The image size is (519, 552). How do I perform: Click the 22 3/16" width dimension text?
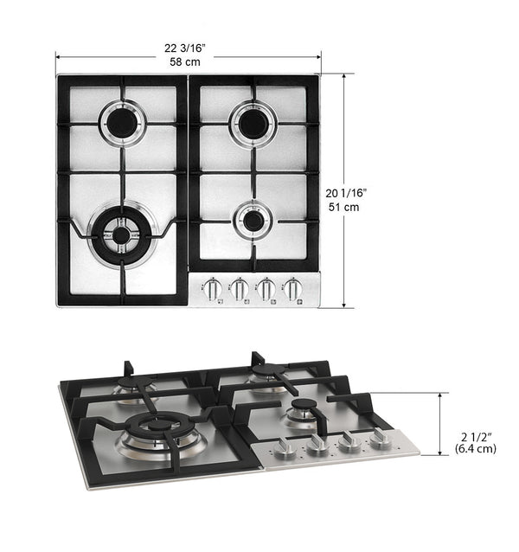[185, 48]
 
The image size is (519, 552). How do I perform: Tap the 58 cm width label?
[185, 62]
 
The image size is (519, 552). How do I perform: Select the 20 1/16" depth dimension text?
[346, 193]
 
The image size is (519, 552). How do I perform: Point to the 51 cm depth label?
[343, 207]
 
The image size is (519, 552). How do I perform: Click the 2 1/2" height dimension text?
[476, 437]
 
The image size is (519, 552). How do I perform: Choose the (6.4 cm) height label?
[476, 449]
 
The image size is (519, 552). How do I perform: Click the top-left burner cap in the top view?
[121, 123]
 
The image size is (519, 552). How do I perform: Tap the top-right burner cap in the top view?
[253, 124]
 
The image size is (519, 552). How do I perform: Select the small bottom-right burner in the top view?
[253, 221]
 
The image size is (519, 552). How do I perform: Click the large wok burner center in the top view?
[121, 234]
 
